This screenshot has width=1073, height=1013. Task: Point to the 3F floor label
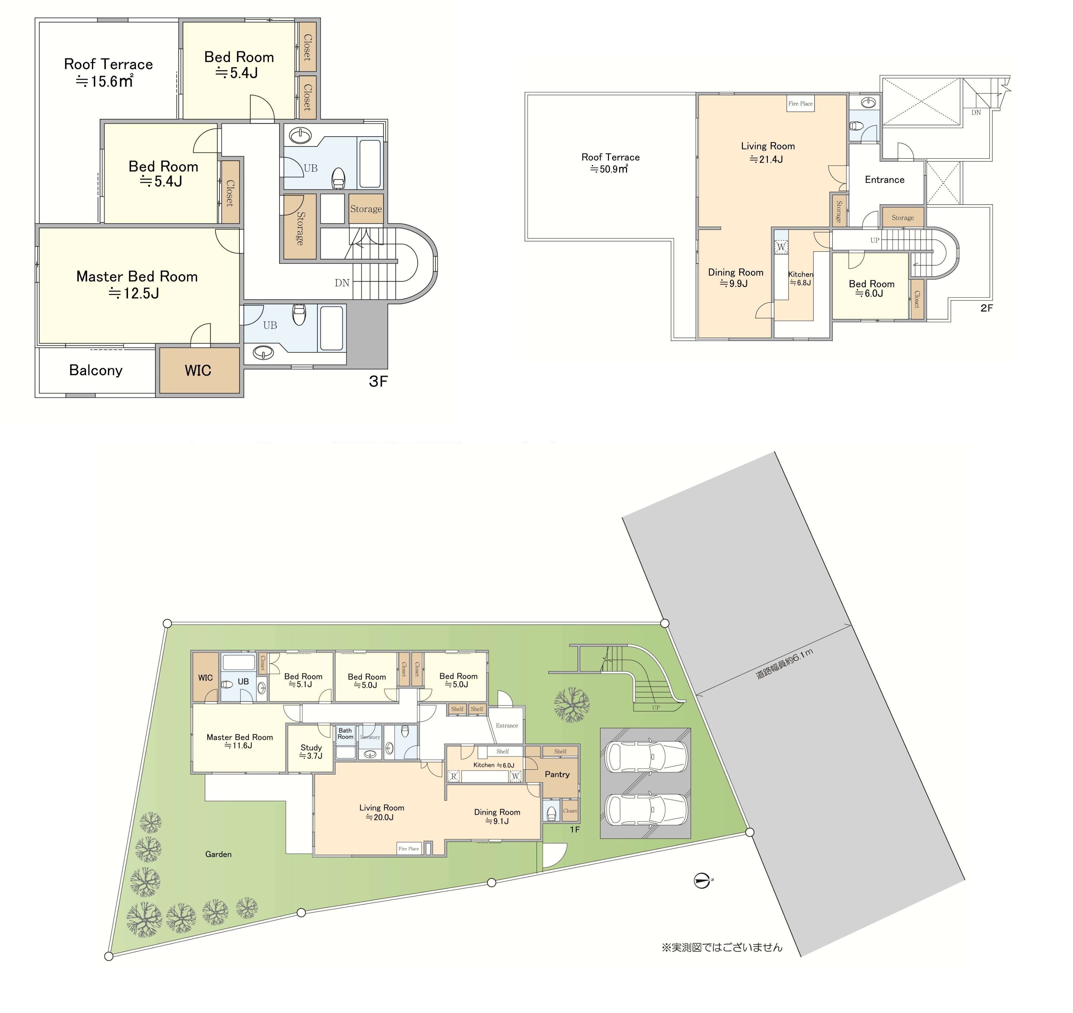(x=378, y=382)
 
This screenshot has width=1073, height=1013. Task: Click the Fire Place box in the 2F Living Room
(x=800, y=104)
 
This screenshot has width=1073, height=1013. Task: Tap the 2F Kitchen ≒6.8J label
(x=800, y=278)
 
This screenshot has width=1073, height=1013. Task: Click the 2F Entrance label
(x=885, y=180)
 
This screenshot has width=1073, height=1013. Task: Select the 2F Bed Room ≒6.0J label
(x=871, y=288)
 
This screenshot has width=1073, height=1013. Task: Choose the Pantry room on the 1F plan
(x=557, y=774)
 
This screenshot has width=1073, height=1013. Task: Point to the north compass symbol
(x=702, y=881)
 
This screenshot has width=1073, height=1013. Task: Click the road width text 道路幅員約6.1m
(x=784, y=664)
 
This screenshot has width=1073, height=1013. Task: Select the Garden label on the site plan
(x=218, y=854)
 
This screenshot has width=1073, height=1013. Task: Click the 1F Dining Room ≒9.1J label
(x=497, y=816)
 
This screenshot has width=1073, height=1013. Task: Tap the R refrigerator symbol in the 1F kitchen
(x=454, y=777)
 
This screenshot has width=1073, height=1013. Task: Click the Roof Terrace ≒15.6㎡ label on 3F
(x=108, y=72)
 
